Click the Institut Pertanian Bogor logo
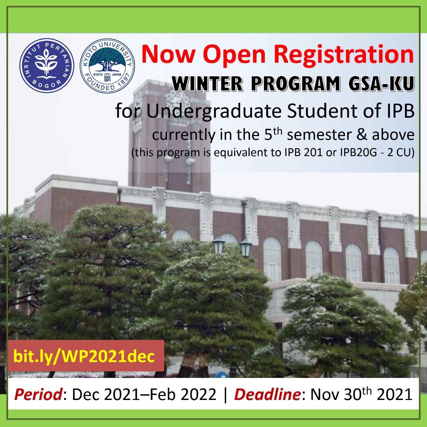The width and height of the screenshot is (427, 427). (x=47, y=66)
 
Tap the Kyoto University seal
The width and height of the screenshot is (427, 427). (x=107, y=66)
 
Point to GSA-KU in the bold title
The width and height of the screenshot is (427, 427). (x=381, y=83)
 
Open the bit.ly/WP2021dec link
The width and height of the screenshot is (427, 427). (x=84, y=356)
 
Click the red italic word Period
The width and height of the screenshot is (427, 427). (x=38, y=395)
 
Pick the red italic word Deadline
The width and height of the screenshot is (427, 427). (x=267, y=395)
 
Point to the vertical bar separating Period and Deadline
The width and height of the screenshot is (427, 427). (x=226, y=395)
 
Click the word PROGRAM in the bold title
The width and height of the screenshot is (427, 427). (x=296, y=83)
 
